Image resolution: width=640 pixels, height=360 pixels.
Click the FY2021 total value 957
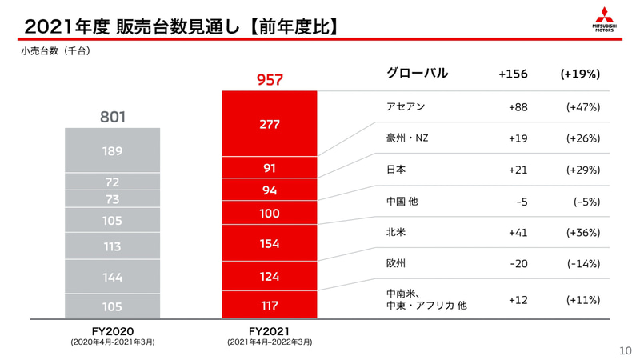(x=270, y=80)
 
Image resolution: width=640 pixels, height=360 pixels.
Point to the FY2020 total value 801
(x=113, y=117)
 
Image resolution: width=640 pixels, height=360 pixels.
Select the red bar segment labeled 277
(x=270, y=124)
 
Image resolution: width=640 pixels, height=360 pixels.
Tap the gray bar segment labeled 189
(x=113, y=150)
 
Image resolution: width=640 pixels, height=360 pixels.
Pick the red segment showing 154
(x=270, y=244)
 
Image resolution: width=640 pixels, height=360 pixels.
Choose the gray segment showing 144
(x=113, y=277)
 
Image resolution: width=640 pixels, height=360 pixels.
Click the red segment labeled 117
(x=270, y=306)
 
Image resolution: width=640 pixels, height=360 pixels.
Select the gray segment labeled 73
(x=113, y=199)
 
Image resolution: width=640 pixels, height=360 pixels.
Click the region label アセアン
(x=406, y=107)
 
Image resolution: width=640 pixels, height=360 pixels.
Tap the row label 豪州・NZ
(x=407, y=138)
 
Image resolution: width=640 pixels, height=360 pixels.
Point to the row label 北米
(x=396, y=233)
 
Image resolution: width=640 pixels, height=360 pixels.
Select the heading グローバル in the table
(x=417, y=74)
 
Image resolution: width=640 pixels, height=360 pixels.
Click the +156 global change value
(x=513, y=74)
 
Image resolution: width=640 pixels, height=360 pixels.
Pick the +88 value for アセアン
(x=518, y=107)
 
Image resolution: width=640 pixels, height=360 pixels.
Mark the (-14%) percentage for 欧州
(x=582, y=264)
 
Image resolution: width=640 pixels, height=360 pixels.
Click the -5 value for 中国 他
(x=522, y=202)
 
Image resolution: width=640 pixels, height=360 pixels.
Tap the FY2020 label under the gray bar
(x=113, y=331)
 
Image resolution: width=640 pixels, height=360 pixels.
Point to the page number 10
(x=626, y=350)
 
